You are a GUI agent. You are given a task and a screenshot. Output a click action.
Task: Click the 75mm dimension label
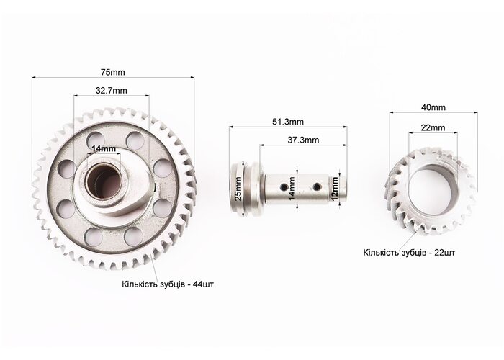(x=113, y=72)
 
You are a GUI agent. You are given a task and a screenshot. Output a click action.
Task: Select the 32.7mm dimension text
(x=111, y=90)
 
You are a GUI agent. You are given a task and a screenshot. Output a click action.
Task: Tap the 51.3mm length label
(x=288, y=122)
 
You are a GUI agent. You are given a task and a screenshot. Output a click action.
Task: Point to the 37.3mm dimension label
(x=303, y=140)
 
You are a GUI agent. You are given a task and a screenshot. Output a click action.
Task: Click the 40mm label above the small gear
(x=433, y=107)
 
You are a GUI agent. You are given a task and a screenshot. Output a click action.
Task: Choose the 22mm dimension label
(x=433, y=127)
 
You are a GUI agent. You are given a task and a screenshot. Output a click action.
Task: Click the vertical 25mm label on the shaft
(x=238, y=189)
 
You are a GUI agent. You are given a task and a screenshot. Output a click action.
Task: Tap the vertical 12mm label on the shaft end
(x=335, y=189)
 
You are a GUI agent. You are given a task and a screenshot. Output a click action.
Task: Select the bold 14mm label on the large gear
(x=104, y=148)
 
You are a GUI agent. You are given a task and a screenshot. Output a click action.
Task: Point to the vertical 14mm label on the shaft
(x=292, y=189)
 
